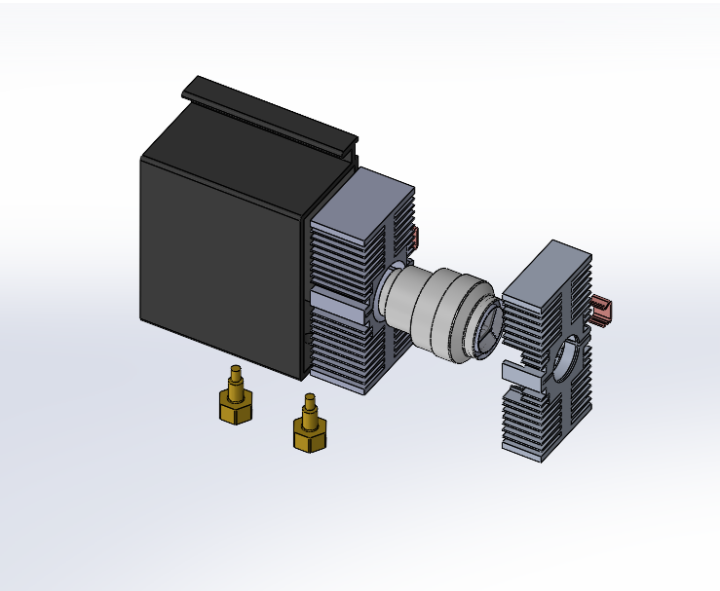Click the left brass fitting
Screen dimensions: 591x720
click(236, 401)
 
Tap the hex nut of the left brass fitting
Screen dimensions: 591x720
click(236, 409)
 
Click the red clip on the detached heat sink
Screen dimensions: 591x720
click(602, 311)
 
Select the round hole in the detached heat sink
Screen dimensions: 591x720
click(568, 359)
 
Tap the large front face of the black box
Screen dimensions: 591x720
click(219, 258)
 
